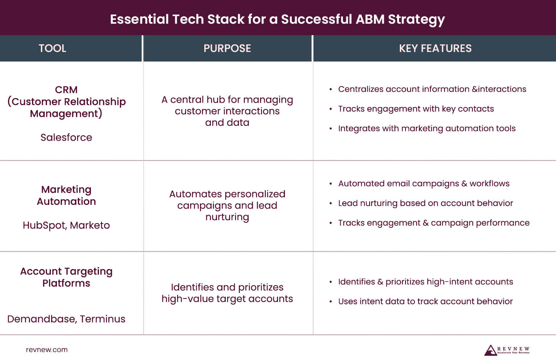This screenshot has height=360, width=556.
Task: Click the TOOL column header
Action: pyautogui.click(x=52, y=48)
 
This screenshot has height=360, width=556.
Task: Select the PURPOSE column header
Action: pyautogui.click(x=227, y=48)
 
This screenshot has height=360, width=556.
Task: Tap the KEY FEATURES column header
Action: pyautogui.click(x=435, y=48)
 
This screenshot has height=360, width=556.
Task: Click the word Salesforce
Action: pyautogui.click(x=66, y=138)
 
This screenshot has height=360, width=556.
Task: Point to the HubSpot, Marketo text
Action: pyautogui.click(x=66, y=225)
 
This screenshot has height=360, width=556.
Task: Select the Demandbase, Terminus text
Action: pyautogui.click(x=66, y=319)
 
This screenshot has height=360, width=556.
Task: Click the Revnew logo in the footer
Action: pyautogui.click(x=507, y=350)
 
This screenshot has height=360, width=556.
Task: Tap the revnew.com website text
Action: pyautogui.click(x=47, y=350)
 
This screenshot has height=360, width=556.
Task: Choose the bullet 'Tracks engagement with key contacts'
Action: pyautogui.click(x=416, y=109)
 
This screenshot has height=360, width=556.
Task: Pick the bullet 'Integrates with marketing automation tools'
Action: pyautogui.click(x=427, y=128)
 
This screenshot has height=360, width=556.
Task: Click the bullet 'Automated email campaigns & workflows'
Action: pyautogui.click(x=423, y=183)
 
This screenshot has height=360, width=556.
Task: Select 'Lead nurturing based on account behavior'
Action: pyautogui.click(x=425, y=203)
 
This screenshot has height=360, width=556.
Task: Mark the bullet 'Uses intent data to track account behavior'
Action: pyautogui.click(x=425, y=302)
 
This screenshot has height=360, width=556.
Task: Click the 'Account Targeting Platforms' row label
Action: pyautogui.click(x=66, y=277)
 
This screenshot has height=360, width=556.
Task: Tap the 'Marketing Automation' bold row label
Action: pyautogui.click(x=66, y=195)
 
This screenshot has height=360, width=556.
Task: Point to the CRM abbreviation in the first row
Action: pyautogui.click(x=66, y=90)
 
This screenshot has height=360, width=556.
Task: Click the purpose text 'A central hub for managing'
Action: pyautogui.click(x=227, y=100)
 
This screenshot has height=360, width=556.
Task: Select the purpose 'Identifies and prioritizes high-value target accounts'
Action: pyautogui.click(x=227, y=293)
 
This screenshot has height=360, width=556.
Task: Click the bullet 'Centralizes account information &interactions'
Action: pyautogui.click(x=432, y=89)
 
